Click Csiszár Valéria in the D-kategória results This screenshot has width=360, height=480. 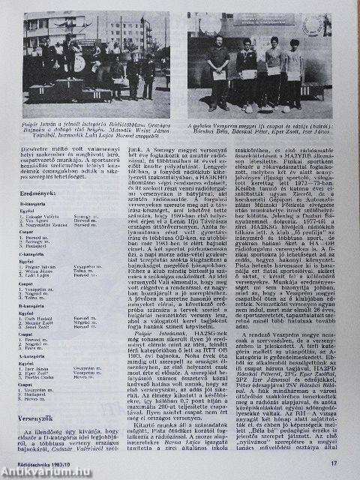pos(42,223)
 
